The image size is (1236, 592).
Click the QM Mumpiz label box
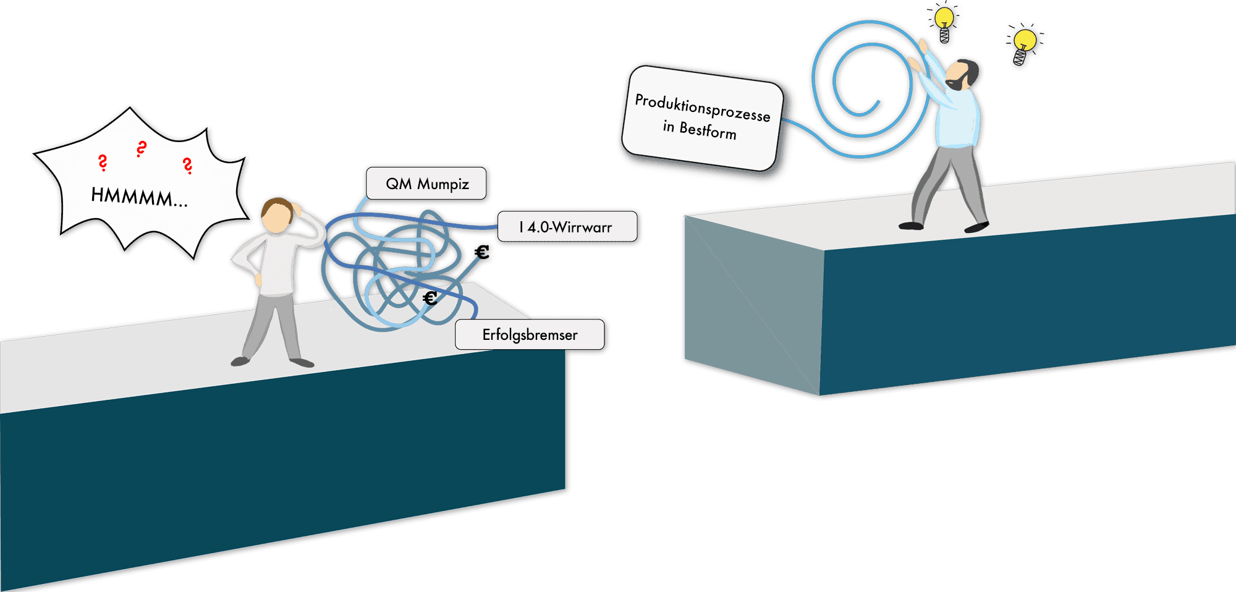point(426,184)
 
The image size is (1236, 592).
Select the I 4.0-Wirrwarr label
point(567,227)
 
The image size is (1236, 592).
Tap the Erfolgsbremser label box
point(530,335)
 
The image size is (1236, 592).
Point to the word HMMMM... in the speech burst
point(139,197)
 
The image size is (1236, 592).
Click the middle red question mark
point(142,149)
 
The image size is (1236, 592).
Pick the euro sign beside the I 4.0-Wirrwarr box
point(482,252)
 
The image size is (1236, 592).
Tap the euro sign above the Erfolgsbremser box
point(430,298)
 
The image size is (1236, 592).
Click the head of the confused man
point(276,215)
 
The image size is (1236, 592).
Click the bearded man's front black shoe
point(976,227)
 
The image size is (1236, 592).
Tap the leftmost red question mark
point(103,163)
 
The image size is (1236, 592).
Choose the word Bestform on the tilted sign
point(708,130)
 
